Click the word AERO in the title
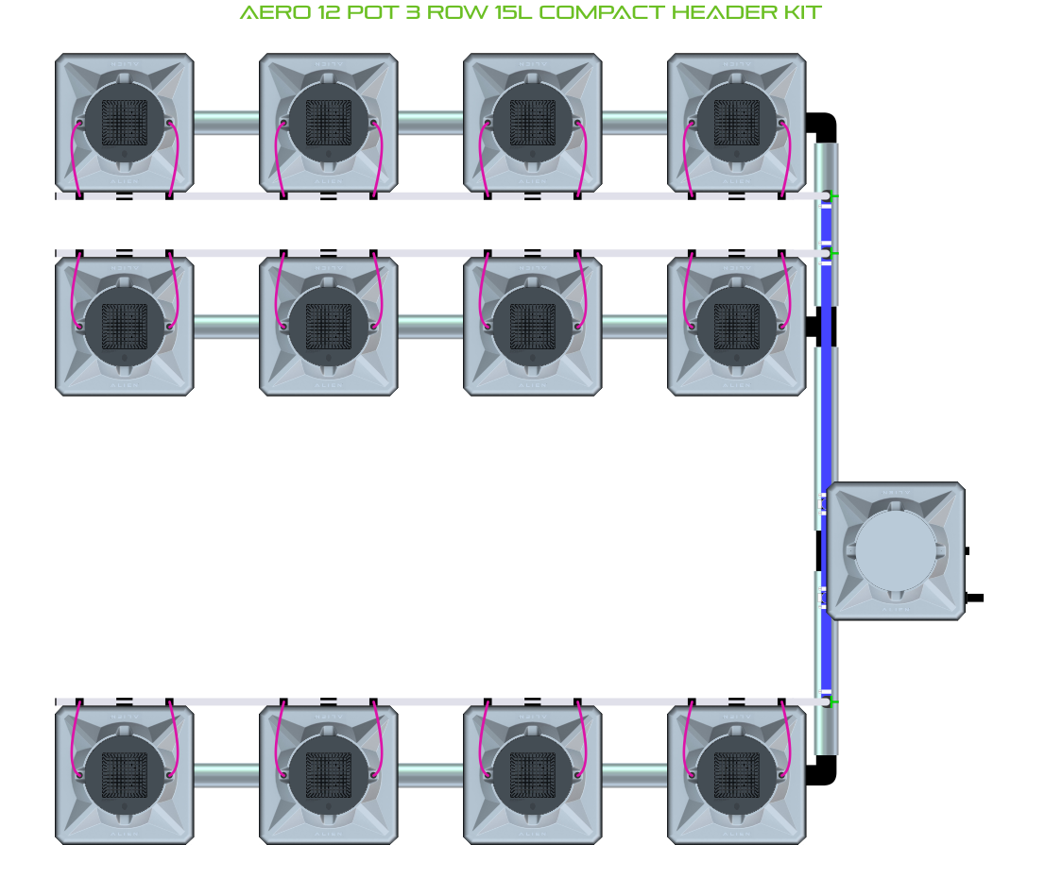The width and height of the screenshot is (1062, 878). point(270,13)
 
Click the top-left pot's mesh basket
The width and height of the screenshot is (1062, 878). point(125,123)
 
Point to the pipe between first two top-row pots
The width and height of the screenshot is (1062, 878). point(227,123)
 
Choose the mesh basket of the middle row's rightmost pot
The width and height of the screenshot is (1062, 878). point(737,327)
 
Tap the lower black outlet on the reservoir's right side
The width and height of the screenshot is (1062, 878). point(975,598)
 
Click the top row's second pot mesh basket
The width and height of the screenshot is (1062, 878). point(329,123)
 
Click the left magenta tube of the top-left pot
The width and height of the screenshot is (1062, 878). point(74,160)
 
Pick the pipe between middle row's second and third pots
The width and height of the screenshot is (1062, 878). point(431,327)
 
